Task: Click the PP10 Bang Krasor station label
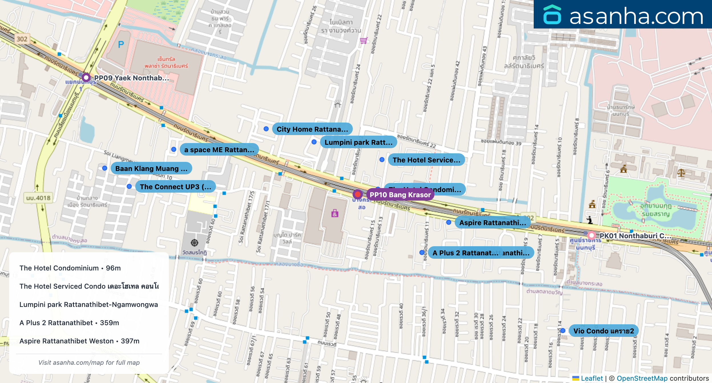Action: [x=400, y=195]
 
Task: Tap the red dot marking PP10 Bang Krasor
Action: [x=357, y=194]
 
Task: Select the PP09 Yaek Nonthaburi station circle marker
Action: [x=86, y=78]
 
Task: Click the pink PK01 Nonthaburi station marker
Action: [x=591, y=235]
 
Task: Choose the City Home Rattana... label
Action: [x=312, y=129]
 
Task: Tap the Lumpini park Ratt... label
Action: [x=358, y=142]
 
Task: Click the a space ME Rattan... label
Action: [x=219, y=150]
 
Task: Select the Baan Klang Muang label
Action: [x=151, y=168]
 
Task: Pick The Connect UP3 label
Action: [x=175, y=187]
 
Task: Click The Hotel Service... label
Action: [x=426, y=160]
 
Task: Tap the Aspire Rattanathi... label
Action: [x=492, y=223]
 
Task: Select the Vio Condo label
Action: [x=603, y=331]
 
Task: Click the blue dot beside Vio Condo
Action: [x=563, y=331]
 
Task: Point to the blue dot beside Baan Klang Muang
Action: [x=105, y=168]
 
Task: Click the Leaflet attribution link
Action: [x=591, y=378]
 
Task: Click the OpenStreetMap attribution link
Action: [x=642, y=378]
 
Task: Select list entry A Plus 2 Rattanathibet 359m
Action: [x=69, y=323]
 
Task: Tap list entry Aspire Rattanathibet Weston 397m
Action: [x=79, y=341]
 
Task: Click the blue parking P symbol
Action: [x=121, y=45]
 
